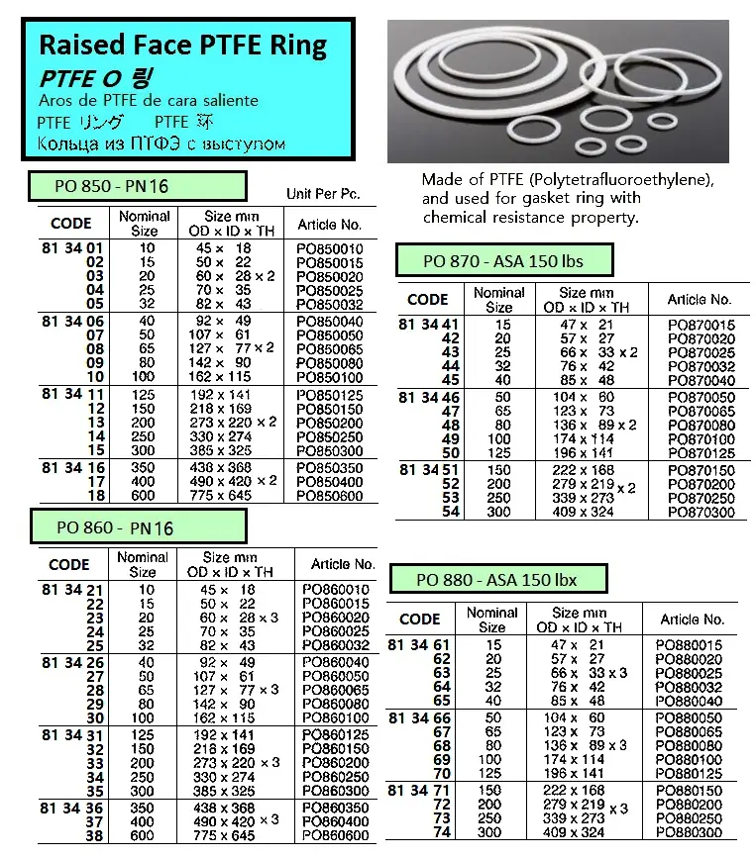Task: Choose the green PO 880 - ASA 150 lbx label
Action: pyautogui.click(x=496, y=580)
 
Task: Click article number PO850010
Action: pyautogui.click(x=330, y=248)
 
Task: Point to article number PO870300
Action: pyautogui.click(x=702, y=512)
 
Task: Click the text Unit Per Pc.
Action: pyautogui.click(x=323, y=194)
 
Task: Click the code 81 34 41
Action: pyautogui.click(x=428, y=324)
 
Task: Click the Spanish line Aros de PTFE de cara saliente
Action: pyautogui.click(x=148, y=101)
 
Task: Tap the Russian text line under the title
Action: pyautogui.click(x=161, y=144)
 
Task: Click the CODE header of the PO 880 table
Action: pyautogui.click(x=419, y=620)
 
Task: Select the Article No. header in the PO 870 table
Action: pyautogui.click(x=699, y=299)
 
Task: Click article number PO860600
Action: pyautogui.click(x=334, y=835)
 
